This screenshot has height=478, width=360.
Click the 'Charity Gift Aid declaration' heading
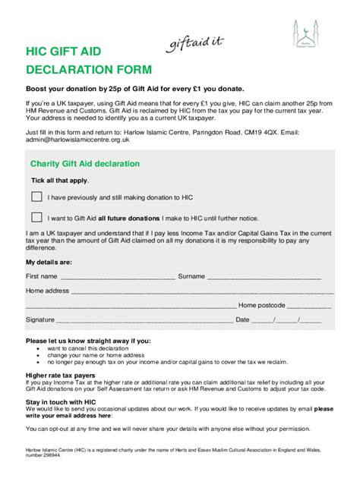84,164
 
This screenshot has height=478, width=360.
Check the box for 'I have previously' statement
36,196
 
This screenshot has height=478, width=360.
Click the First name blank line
117,277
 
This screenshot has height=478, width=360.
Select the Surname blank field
269,277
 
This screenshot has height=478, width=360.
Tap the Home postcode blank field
308,306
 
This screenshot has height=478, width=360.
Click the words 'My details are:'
51,263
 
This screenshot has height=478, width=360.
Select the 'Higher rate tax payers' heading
61,375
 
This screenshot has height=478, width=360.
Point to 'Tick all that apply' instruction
59,181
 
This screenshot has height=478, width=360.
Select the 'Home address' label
47,291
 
